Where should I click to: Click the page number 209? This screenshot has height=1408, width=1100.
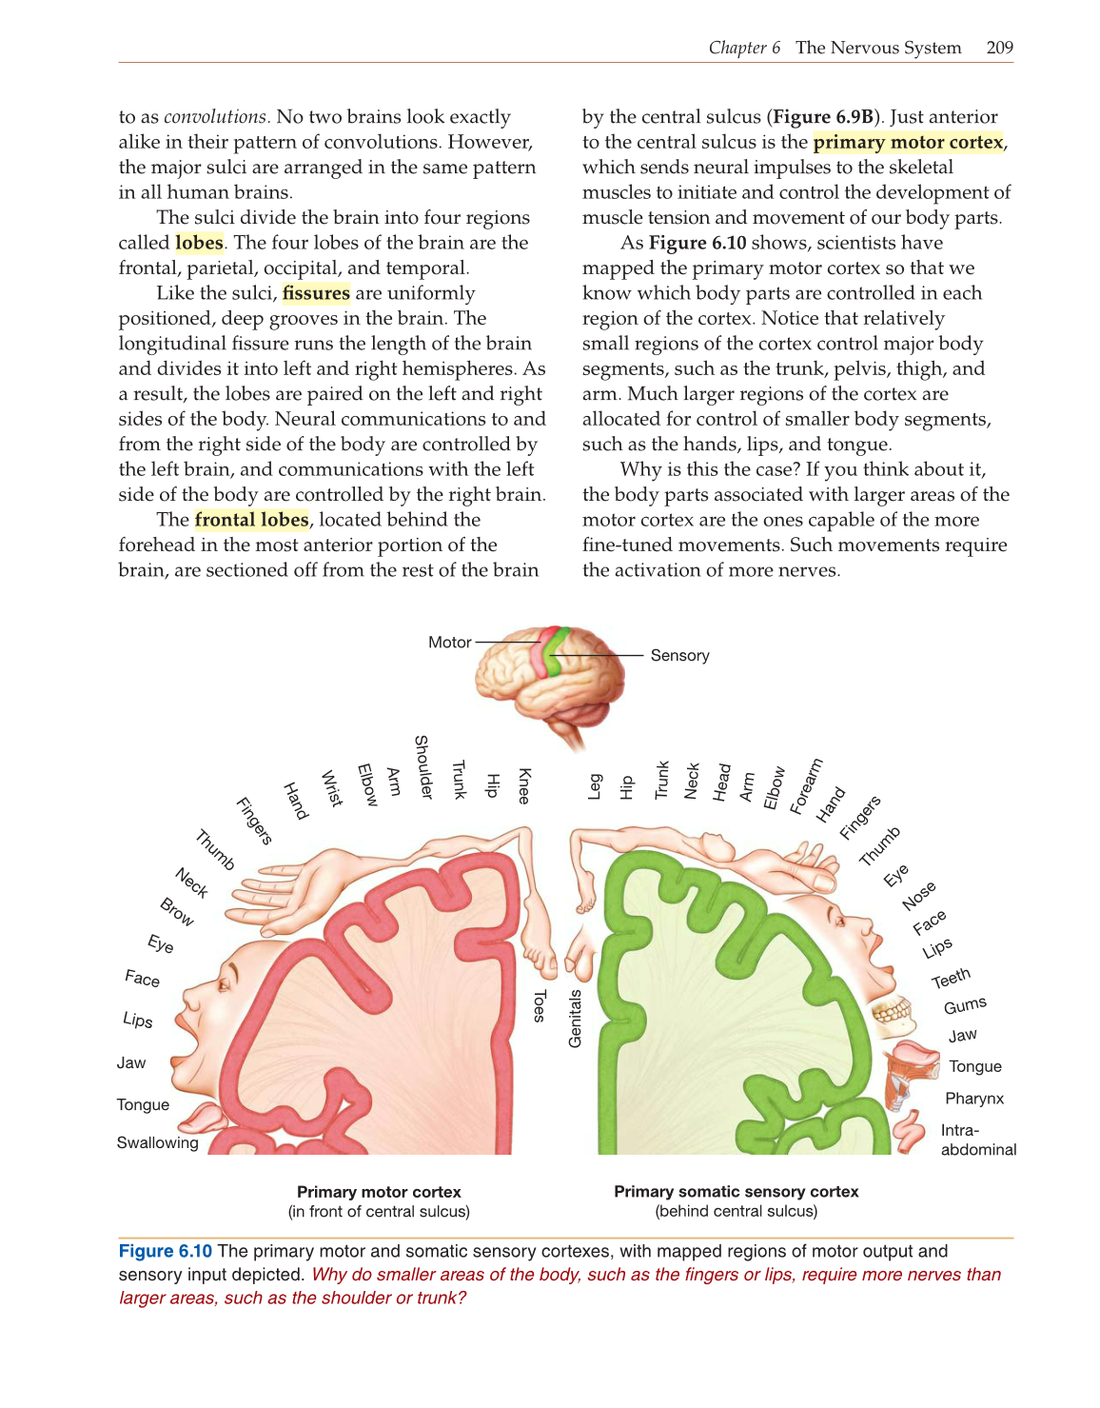pyautogui.click(x=999, y=48)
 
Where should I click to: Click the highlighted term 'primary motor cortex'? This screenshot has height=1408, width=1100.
pyautogui.click(x=908, y=142)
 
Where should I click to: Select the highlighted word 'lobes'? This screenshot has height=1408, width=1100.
pyautogui.click(x=199, y=243)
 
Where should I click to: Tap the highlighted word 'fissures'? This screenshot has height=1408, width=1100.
pyautogui.click(x=316, y=293)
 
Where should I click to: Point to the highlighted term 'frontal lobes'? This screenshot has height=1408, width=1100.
pyautogui.click(x=251, y=520)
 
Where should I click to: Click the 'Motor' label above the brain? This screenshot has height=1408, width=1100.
pyautogui.click(x=449, y=643)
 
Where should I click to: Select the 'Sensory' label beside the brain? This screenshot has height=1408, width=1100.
pyautogui.click(x=679, y=656)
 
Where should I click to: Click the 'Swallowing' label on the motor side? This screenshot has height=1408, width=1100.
pyautogui.click(x=158, y=1142)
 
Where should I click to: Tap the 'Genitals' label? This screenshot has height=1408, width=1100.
pyautogui.click(x=575, y=1019)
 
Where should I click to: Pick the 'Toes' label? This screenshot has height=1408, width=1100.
pyautogui.click(x=540, y=1006)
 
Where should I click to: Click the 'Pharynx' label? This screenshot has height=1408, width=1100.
pyautogui.click(x=974, y=1099)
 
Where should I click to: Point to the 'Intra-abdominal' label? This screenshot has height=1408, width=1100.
pyautogui.click(x=977, y=1140)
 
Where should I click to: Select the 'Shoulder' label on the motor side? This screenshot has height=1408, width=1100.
pyautogui.click(x=422, y=767)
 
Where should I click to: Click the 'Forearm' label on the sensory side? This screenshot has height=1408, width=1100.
pyautogui.click(x=806, y=786)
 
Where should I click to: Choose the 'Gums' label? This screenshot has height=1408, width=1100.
pyautogui.click(x=965, y=1005)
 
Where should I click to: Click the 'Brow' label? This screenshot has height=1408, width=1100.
pyautogui.click(x=177, y=912)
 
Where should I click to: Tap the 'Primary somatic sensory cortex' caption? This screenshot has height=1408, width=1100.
pyautogui.click(x=736, y=1192)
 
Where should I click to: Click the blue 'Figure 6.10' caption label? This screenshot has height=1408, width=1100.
pyautogui.click(x=166, y=1252)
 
